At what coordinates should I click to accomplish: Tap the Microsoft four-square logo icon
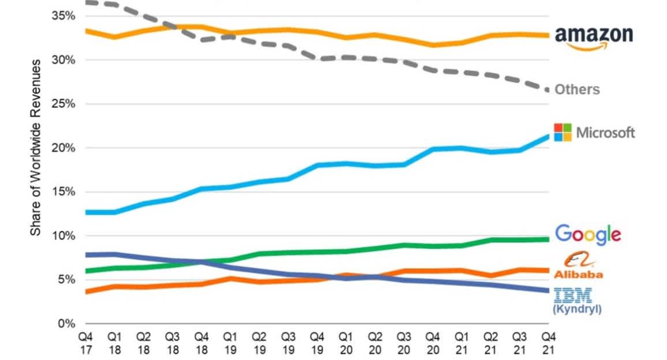tap(563, 132)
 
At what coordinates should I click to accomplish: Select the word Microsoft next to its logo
tap(605, 133)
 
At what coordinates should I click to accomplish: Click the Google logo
tap(587, 234)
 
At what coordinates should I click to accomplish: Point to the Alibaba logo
tap(578, 267)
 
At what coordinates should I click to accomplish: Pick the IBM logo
tap(572, 295)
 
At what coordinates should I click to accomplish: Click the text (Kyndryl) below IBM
tap(577, 309)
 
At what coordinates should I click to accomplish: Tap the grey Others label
tap(577, 89)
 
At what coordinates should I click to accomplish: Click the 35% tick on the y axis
tap(65, 16)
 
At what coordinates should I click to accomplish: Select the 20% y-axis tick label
tap(65, 148)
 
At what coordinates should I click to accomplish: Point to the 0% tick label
tap(67, 324)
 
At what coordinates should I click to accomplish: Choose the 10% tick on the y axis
tap(65, 236)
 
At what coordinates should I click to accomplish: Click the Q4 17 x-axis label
tap(85, 340)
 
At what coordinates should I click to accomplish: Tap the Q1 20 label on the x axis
tap(346, 340)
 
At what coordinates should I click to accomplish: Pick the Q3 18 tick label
tap(172, 340)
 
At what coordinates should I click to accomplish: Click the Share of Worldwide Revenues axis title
tap(35, 147)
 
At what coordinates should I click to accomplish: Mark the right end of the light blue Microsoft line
tap(548, 136)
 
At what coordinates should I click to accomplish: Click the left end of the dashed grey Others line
tap(86, 2)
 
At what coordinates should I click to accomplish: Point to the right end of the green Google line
tap(548, 239)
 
